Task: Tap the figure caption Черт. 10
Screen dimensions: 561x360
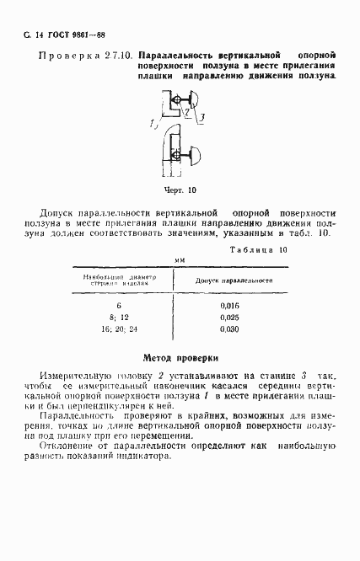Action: tap(180, 190)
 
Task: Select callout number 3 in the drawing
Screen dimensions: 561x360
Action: tap(204, 115)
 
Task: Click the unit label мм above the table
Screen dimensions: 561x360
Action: tap(179, 262)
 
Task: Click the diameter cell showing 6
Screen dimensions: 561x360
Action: tap(119, 304)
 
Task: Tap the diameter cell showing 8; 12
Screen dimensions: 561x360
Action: tap(119, 317)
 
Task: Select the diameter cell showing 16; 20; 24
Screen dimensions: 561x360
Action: tap(119, 329)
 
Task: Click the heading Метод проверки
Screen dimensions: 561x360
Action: tap(181, 356)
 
